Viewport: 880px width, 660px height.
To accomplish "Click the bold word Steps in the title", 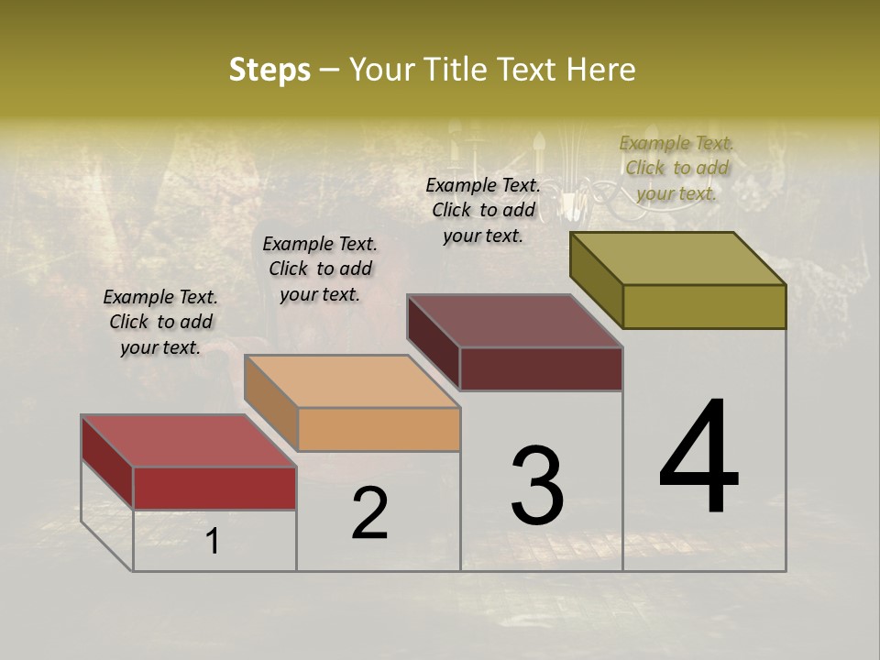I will [269, 70].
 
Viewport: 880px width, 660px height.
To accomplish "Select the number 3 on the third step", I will [537, 485].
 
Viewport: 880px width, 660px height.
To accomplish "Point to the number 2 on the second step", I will [370, 513].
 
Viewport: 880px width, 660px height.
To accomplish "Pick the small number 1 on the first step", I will [213, 541].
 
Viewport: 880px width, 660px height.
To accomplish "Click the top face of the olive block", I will [678, 258].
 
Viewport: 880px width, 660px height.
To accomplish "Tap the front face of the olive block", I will [704, 306].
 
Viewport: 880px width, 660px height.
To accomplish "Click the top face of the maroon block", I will [515, 321].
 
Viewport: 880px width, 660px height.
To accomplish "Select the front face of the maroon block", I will [541, 368].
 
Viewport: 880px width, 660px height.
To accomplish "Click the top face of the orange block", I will [352, 381].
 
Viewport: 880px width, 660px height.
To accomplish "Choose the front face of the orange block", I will [379, 429].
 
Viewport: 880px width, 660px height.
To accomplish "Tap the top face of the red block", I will [189, 441].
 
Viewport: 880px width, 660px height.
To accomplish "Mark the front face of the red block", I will [214, 488].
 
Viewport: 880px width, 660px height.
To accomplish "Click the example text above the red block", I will [160, 322].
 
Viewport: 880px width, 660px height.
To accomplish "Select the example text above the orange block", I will [320, 269].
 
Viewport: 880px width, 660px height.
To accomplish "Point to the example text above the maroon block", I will [483, 210].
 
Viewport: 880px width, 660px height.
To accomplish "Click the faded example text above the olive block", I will [676, 168].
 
